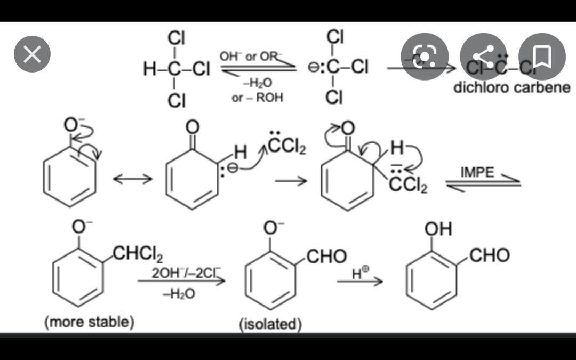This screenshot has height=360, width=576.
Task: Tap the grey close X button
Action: (x=33, y=55)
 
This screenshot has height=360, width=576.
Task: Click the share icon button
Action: (x=484, y=55)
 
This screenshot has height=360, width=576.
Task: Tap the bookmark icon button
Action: (x=542, y=55)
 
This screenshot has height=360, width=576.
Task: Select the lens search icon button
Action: (x=425, y=55)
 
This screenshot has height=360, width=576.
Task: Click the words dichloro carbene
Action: (x=511, y=87)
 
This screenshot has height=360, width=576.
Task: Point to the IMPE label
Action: (x=477, y=172)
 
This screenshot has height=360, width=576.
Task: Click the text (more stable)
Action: (x=89, y=322)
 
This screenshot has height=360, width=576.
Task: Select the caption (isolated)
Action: (x=270, y=324)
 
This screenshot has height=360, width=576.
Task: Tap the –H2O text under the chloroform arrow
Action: (x=258, y=83)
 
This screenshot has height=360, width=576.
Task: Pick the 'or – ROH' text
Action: (x=258, y=98)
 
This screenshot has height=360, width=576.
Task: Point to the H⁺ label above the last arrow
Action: (x=360, y=273)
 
